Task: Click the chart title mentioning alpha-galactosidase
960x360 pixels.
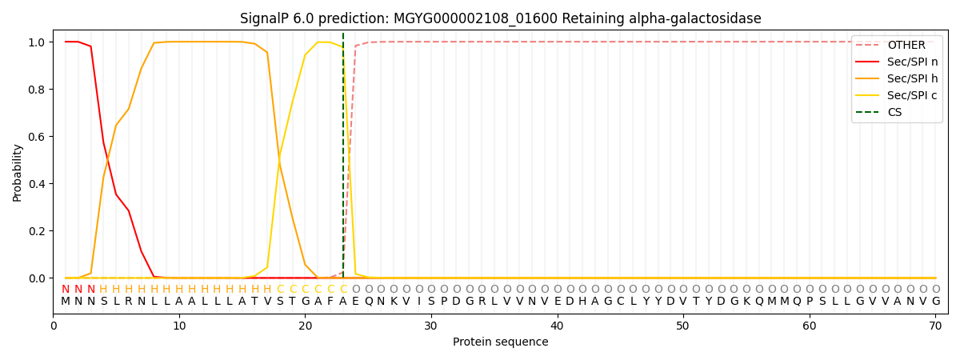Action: [x=500, y=18]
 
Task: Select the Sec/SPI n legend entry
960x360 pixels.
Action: [x=912, y=62]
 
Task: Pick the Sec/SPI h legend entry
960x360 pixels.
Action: [x=912, y=79]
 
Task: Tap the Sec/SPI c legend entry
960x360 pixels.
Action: [x=912, y=96]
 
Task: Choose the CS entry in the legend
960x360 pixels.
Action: [x=894, y=113]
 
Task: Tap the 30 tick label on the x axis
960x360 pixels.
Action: [x=431, y=326]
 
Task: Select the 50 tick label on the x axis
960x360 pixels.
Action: [x=683, y=326]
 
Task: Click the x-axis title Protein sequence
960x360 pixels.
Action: [x=500, y=342]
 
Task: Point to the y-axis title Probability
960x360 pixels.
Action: [x=18, y=172]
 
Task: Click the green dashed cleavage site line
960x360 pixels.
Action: [x=343, y=160]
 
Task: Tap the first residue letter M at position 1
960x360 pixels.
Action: [x=66, y=302]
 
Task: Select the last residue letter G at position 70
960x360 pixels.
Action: [x=935, y=302]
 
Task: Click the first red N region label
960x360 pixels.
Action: [x=66, y=290]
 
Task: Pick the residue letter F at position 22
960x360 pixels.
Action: [x=330, y=302]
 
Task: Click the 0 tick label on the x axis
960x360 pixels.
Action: [x=54, y=326]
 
